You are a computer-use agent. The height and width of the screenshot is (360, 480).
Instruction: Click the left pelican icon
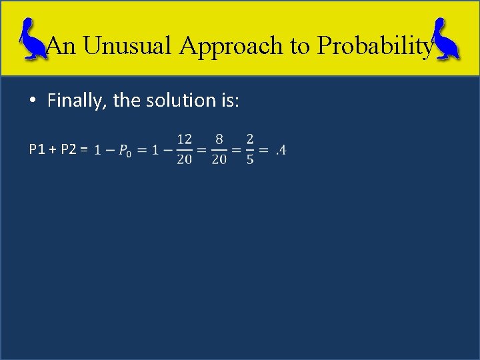(30, 41)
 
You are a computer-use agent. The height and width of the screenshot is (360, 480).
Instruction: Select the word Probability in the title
(375, 45)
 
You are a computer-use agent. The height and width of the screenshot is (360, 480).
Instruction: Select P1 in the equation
(37, 149)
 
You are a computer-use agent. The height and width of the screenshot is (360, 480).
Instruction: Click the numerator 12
(184, 139)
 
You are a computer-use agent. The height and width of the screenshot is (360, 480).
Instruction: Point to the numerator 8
(219, 139)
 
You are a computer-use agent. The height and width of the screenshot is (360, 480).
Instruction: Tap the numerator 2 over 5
(249, 139)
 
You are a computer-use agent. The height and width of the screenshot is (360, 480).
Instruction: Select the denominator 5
(249, 160)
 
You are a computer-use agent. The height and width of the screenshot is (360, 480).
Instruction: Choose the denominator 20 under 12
(184, 160)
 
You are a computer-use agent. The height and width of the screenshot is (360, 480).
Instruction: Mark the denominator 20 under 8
(219, 160)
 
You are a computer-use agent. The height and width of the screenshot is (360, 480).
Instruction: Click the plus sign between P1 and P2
(53, 149)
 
